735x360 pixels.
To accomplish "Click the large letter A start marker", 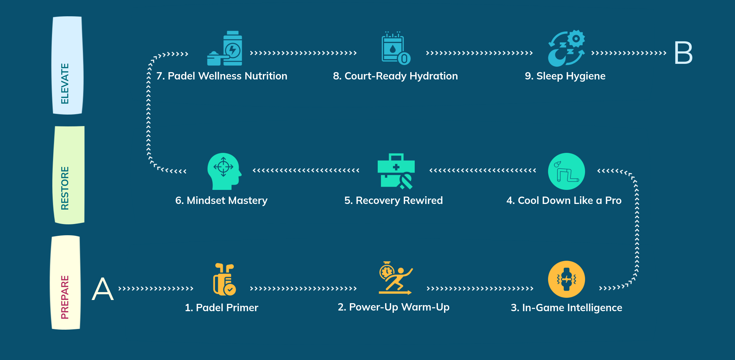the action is [x=103, y=289].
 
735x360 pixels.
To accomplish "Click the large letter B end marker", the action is [x=683, y=53].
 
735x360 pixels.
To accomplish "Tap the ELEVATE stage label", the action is [x=67, y=65].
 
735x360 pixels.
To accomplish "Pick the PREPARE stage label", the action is [x=65, y=282].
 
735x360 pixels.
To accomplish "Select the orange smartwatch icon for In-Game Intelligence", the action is [x=566, y=279].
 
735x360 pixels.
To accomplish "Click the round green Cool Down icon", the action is [x=566, y=171].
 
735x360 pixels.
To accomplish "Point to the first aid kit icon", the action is [x=396, y=171].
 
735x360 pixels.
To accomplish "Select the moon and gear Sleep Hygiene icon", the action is [x=566, y=49].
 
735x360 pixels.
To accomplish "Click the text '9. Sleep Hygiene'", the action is [x=565, y=76].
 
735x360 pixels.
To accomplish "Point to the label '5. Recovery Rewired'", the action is [x=393, y=200].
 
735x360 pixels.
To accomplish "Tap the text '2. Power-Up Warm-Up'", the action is [x=393, y=307].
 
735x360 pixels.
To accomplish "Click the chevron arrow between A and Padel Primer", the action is [x=156, y=289].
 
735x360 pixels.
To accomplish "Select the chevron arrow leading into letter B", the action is [x=628, y=53].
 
